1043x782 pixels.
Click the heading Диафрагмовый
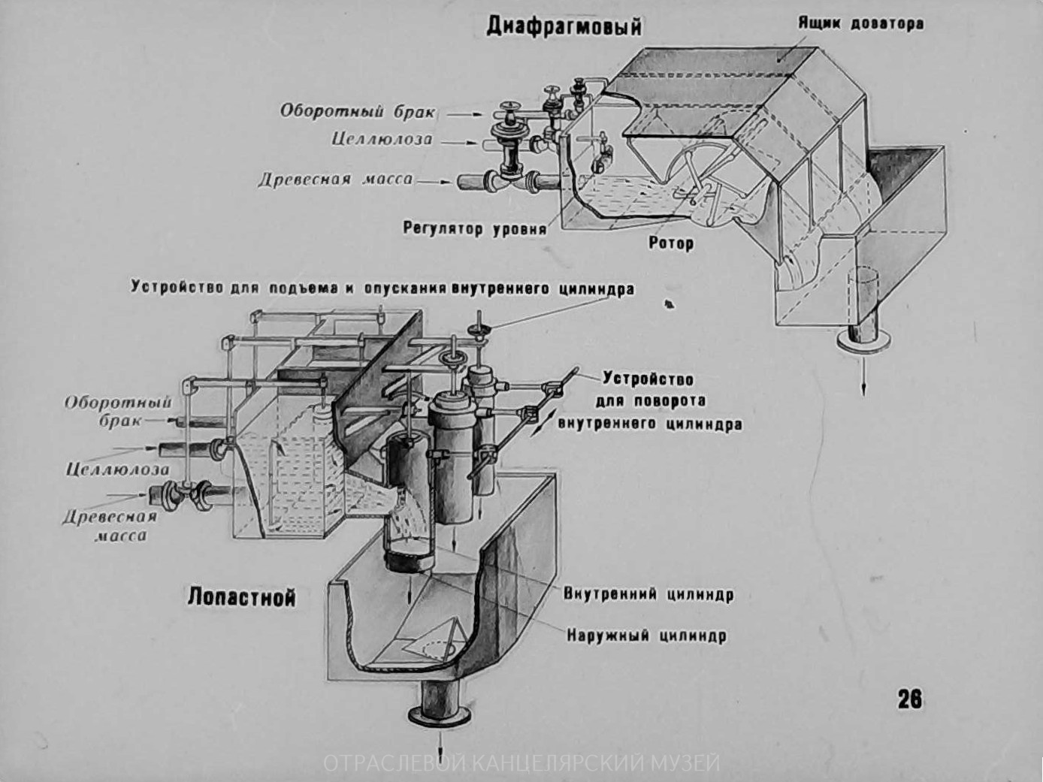pyautogui.click(x=564, y=26)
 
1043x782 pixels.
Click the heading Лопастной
pyautogui.click(x=241, y=597)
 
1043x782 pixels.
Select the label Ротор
pyautogui.click(x=671, y=243)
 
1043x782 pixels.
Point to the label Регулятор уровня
pyautogui.click(x=475, y=228)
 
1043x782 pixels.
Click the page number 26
pyautogui.click(x=909, y=699)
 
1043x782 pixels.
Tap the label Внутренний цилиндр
pyautogui.click(x=648, y=594)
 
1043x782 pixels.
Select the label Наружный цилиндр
pyautogui.click(x=646, y=636)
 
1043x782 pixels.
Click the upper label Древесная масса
pyautogui.click(x=335, y=180)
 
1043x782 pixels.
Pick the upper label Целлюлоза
pyautogui.click(x=382, y=140)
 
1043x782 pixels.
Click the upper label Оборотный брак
pyautogui.click(x=358, y=111)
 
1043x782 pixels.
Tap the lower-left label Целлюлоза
pyautogui.click(x=117, y=470)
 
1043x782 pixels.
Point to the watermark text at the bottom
pyautogui.click(x=521, y=763)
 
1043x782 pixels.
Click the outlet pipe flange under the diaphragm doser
pyautogui.click(x=863, y=343)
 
